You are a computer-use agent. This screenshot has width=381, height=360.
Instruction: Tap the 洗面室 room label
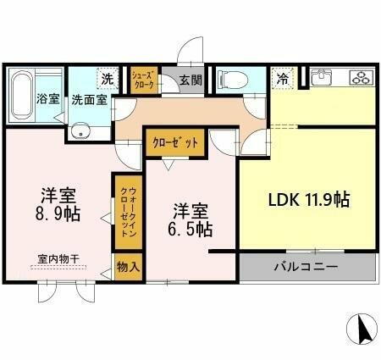[88, 99]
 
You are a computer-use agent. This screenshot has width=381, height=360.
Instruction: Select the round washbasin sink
[81, 130]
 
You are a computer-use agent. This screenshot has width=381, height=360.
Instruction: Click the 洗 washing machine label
[108, 78]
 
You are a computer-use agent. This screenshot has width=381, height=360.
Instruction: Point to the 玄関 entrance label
[190, 82]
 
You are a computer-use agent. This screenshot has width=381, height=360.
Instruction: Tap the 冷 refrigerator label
[282, 78]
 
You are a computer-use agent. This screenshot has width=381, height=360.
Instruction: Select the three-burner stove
[361, 78]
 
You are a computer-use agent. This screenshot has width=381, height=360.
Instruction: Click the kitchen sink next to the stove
[324, 78]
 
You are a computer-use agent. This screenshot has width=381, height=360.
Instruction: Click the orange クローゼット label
[175, 143]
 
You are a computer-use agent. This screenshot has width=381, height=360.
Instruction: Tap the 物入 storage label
[127, 267]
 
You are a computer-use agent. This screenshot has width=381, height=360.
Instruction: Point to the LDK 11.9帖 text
[309, 200]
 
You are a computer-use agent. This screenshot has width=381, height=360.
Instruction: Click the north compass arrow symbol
[363, 329]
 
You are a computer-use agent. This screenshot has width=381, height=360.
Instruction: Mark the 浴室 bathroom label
[47, 99]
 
